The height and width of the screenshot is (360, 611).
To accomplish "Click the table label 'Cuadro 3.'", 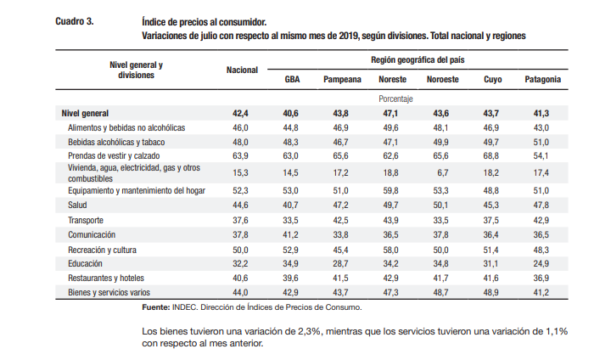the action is coord(75,21).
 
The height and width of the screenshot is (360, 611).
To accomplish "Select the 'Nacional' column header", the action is coord(242,70).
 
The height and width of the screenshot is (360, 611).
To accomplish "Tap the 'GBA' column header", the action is coord(292,80).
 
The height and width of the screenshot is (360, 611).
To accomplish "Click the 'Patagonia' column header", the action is coord(543,80).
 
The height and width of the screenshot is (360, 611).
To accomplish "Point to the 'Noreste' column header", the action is coord(392,80).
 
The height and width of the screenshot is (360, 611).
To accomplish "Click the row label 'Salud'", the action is coord(77,205).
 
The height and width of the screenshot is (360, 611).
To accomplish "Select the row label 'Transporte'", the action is coord(86,221).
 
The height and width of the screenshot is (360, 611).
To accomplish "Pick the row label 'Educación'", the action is coord(85,264).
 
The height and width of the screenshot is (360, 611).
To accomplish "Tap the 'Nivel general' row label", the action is coord(85,114).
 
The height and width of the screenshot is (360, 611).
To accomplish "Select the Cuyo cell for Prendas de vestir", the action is coord(491,156).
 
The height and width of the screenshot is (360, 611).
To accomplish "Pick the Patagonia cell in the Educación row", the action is coord(541,264).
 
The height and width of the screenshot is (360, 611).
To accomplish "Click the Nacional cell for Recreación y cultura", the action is coord(240,250).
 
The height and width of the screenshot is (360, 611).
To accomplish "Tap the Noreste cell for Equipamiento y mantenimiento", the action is coord(390,191).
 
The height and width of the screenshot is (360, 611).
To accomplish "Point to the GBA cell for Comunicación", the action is coord(291,235).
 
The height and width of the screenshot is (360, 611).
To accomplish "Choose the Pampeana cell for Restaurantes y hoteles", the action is coord(340,278).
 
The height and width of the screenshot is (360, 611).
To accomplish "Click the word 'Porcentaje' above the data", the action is coord(395,99).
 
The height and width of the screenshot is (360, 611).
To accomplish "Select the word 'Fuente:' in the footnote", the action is coord(156,307).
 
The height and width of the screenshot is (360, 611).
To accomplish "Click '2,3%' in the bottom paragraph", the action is coord(311,331).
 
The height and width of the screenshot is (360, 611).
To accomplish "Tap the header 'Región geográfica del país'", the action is coord(418,60).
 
